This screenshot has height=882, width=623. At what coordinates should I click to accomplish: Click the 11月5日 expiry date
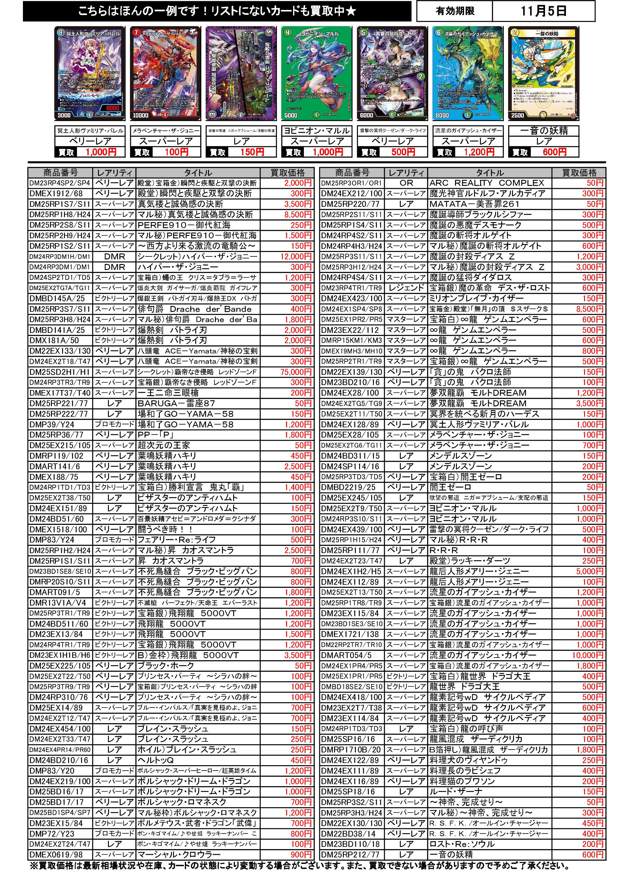coord(543,11)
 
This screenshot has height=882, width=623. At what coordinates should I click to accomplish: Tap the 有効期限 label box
coord(455,11)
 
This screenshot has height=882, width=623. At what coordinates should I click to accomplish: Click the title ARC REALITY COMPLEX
coord(487,183)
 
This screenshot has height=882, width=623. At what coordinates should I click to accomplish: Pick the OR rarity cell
coord(406,183)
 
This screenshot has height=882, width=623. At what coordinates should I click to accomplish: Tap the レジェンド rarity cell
coord(406,288)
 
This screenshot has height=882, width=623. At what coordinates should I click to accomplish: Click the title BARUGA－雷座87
coord(176,403)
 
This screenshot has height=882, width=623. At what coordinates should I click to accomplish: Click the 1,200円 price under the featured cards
coord(479,152)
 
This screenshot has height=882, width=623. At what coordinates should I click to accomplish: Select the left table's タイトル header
coord(198,173)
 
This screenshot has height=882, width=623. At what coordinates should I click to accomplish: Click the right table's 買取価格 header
coord(579,173)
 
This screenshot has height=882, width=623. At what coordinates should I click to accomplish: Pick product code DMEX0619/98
coord(56,865)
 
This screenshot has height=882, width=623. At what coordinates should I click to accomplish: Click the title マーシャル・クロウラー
coord(179,865)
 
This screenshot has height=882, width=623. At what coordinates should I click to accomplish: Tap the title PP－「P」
coord(156,435)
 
